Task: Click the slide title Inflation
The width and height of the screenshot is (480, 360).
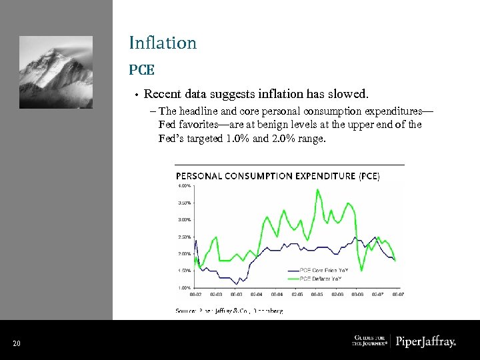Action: (x=163, y=43)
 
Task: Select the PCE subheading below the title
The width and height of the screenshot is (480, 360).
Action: (x=142, y=69)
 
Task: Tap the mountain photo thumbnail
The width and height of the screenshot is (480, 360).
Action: (x=56, y=72)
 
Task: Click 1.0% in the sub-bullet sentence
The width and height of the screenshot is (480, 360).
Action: (x=238, y=139)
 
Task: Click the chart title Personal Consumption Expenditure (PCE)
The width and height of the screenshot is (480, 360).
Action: (x=277, y=176)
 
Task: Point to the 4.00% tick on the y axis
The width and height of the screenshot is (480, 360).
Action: (x=183, y=185)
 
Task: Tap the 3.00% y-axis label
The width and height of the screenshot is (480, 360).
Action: (x=183, y=219)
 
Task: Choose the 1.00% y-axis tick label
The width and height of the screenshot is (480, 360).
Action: (x=183, y=287)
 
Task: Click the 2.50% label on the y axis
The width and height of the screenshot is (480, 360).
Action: (x=183, y=237)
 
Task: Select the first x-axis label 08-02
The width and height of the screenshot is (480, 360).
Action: (x=196, y=294)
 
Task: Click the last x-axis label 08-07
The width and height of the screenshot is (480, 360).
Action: (x=397, y=294)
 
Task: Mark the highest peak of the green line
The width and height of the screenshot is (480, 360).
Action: (x=317, y=190)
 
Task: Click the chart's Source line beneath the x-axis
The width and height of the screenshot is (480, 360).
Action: (x=229, y=311)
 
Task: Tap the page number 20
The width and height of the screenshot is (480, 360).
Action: (x=17, y=343)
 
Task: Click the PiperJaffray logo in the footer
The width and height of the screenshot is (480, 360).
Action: (x=426, y=342)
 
